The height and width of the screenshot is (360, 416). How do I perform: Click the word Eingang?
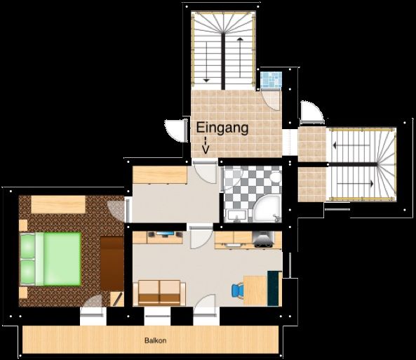click(x=222, y=128)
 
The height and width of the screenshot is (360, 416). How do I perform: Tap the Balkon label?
click(x=156, y=340)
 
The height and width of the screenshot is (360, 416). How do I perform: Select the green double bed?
click(x=51, y=259)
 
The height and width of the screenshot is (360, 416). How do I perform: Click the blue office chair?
click(x=237, y=291)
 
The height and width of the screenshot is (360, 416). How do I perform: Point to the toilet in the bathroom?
click(x=276, y=177)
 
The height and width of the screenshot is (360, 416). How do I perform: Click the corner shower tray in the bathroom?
click(x=267, y=208)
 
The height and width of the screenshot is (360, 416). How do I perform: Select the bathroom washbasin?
click(x=237, y=215)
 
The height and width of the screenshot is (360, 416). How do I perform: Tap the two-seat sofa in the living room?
click(x=159, y=293)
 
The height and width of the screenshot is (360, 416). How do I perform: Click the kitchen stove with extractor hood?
click(x=264, y=239)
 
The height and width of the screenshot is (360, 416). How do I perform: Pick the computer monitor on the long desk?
click(x=165, y=234)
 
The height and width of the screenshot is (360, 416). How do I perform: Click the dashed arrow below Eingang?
click(x=206, y=145)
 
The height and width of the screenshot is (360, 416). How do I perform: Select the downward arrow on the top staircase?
click(x=206, y=62)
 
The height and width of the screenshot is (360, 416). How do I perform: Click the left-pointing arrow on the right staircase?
click(x=351, y=145)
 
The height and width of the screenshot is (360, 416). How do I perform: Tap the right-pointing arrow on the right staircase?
click(x=356, y=183)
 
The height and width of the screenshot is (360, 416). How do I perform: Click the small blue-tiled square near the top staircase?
click(x=271, y=79)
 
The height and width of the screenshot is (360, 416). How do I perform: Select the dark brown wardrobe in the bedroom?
click(x=112, y=264)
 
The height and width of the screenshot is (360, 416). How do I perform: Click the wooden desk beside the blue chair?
click(x=255, y=291)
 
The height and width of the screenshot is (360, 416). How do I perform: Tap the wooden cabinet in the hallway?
click(x=160, y=175)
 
